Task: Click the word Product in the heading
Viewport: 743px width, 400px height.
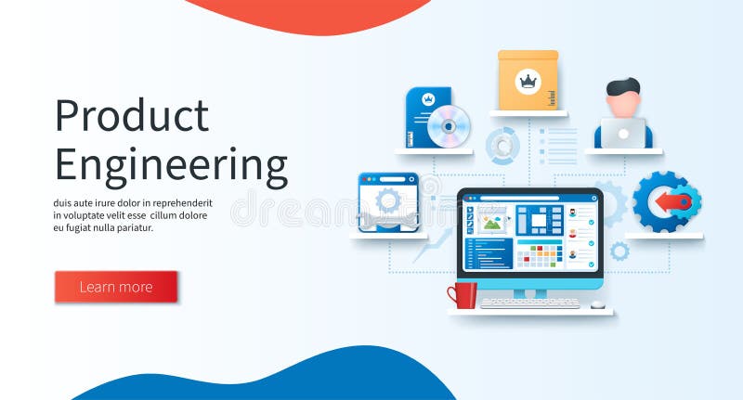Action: (131, 116)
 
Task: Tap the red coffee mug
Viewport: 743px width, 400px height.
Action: (463, 295)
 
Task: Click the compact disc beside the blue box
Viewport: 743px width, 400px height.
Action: (450, 126)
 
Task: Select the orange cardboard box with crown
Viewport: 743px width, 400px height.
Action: (528, 82)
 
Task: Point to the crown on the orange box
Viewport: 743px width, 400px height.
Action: (528, 81)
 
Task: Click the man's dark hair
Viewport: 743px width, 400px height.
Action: (622, 88)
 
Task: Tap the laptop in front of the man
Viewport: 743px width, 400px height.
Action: (623, 134)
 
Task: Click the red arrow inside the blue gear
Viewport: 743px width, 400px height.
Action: (671, 201)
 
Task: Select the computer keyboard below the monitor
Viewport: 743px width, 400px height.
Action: (529, 303)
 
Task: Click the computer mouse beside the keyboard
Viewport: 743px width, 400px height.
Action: (597, 303)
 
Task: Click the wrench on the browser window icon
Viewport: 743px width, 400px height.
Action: (388, 221)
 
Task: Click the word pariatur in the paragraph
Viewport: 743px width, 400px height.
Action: (131, 227)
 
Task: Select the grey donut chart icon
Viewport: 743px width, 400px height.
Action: (502, 147)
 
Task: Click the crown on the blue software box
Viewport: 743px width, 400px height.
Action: (428, 97)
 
